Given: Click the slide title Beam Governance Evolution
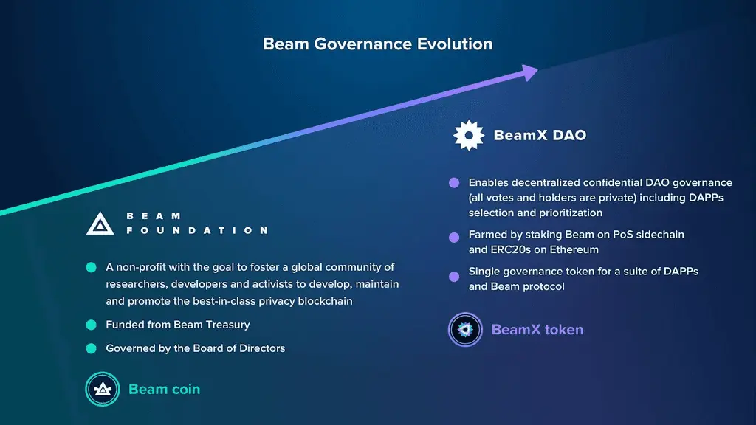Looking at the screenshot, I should [x=377, y=44].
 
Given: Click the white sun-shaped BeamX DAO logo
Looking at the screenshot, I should [x=469, y=136].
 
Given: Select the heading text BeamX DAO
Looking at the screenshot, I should [x=540, y=136].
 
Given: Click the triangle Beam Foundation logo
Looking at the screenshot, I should [x=100, y=223].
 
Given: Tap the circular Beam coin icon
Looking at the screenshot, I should [x=102, y=389].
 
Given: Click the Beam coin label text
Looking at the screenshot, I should [x=164, y=389].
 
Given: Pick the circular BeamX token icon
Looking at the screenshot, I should [x=465, y=329].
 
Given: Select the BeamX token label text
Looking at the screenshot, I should [x=537, y=329].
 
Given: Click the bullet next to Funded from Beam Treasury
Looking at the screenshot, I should [x=91, y=325].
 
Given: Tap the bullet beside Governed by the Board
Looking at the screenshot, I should [x=91, y=348].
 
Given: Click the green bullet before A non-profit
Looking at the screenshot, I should [x=91, y=267].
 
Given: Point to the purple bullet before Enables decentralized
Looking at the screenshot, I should [x=453, y=183].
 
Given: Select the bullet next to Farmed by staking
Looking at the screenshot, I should [x=453, y=235].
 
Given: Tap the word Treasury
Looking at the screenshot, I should [x=226, y=325].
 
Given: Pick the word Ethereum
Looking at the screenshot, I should [x=573, y=249].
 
